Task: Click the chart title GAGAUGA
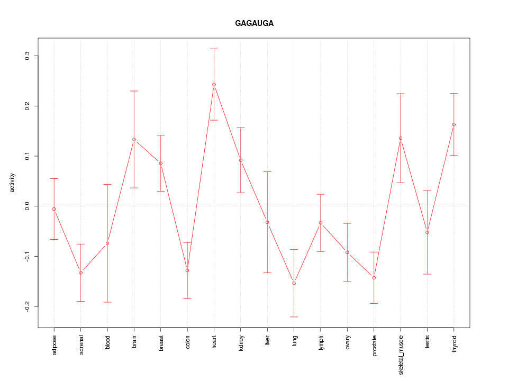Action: (254, 24)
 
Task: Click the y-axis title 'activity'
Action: (13, 183)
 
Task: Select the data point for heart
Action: (214, 85)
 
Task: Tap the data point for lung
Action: (294, 283)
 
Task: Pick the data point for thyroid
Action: (454, 124)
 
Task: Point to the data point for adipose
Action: (54, 209)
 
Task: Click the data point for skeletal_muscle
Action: (401, 138)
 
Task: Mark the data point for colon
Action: (187, 270)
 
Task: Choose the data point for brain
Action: (134, 140)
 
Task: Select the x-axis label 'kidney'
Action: (241, 344)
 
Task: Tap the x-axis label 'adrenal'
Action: (81, 344)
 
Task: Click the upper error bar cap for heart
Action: (214, 49)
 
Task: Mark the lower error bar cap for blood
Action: (107, 302)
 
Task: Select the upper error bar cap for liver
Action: (267, 171)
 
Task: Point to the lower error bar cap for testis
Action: (427, 274)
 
